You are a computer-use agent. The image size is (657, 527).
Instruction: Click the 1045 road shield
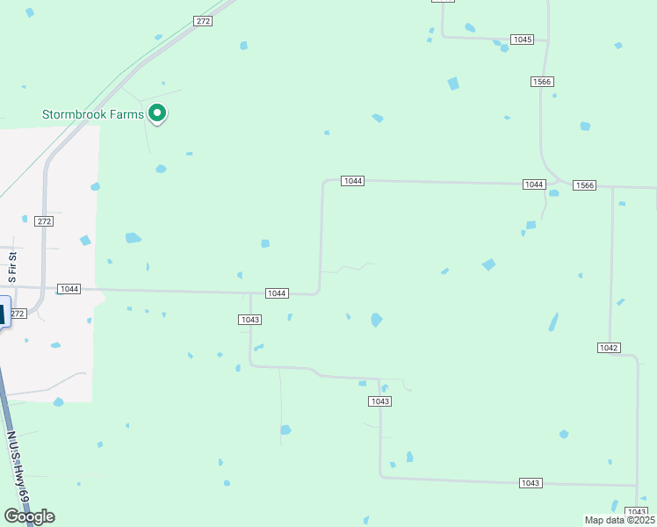click(x=523, y=40)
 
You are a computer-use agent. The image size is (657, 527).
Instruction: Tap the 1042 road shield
click(x=609, y=348)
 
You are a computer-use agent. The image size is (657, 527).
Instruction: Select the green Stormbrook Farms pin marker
click(x=158, y=112)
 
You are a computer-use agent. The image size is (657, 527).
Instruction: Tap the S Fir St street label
click(x=12, y=264)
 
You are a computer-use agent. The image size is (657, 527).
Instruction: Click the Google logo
click(x=29, y=516)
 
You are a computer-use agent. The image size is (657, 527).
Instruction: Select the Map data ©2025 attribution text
click(x=620, y=520)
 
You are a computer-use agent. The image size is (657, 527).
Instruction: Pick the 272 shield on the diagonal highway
click(x=204, y=21)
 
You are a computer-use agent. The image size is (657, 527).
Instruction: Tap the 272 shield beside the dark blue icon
click(x=18, y=313)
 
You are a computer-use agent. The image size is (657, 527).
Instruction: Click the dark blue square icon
click(x=2, y=314)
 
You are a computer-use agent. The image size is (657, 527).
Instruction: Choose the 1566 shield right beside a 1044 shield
click(x=584, y=185)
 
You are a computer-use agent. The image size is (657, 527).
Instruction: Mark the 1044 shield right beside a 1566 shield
click(x=534, y=184)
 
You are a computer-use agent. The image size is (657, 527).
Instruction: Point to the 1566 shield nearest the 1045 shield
click(x=542, y=82)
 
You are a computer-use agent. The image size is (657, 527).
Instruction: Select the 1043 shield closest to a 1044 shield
click(x=249, y=320)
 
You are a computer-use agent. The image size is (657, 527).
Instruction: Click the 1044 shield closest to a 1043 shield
click(x=277, y=292)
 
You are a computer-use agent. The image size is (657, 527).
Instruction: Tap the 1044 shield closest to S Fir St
click(x=69, y=289)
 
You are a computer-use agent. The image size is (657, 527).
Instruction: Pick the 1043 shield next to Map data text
click(x=636, y=511)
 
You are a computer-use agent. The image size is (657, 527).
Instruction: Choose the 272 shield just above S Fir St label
click(x=45, y=221)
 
